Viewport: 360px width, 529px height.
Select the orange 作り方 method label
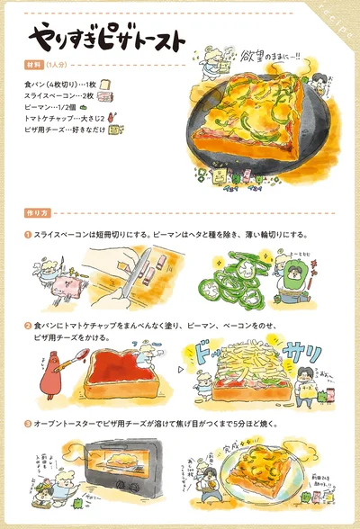tap(37, 213)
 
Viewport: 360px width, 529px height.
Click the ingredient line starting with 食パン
tap(61, 84)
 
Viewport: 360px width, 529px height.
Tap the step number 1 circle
tap(28, 234)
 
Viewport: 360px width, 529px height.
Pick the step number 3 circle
tap(28, 423)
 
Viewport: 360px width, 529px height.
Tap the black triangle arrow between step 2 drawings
tap(180, 370)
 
